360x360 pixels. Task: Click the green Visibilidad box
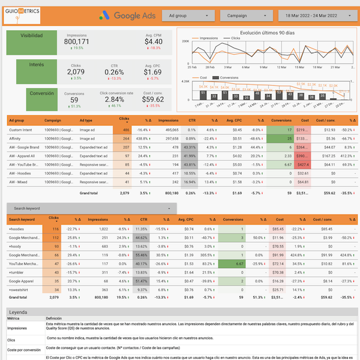tap(31, 41)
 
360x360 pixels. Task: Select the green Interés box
tap(31, 70)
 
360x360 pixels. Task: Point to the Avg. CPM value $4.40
tap(153, 41)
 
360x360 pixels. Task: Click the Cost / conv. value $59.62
tap(153, 100)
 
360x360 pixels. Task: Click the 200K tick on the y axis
tap(185, 41)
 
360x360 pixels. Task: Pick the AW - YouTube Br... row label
tap(25, 164)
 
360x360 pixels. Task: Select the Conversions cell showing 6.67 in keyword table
tap(238, 263)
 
